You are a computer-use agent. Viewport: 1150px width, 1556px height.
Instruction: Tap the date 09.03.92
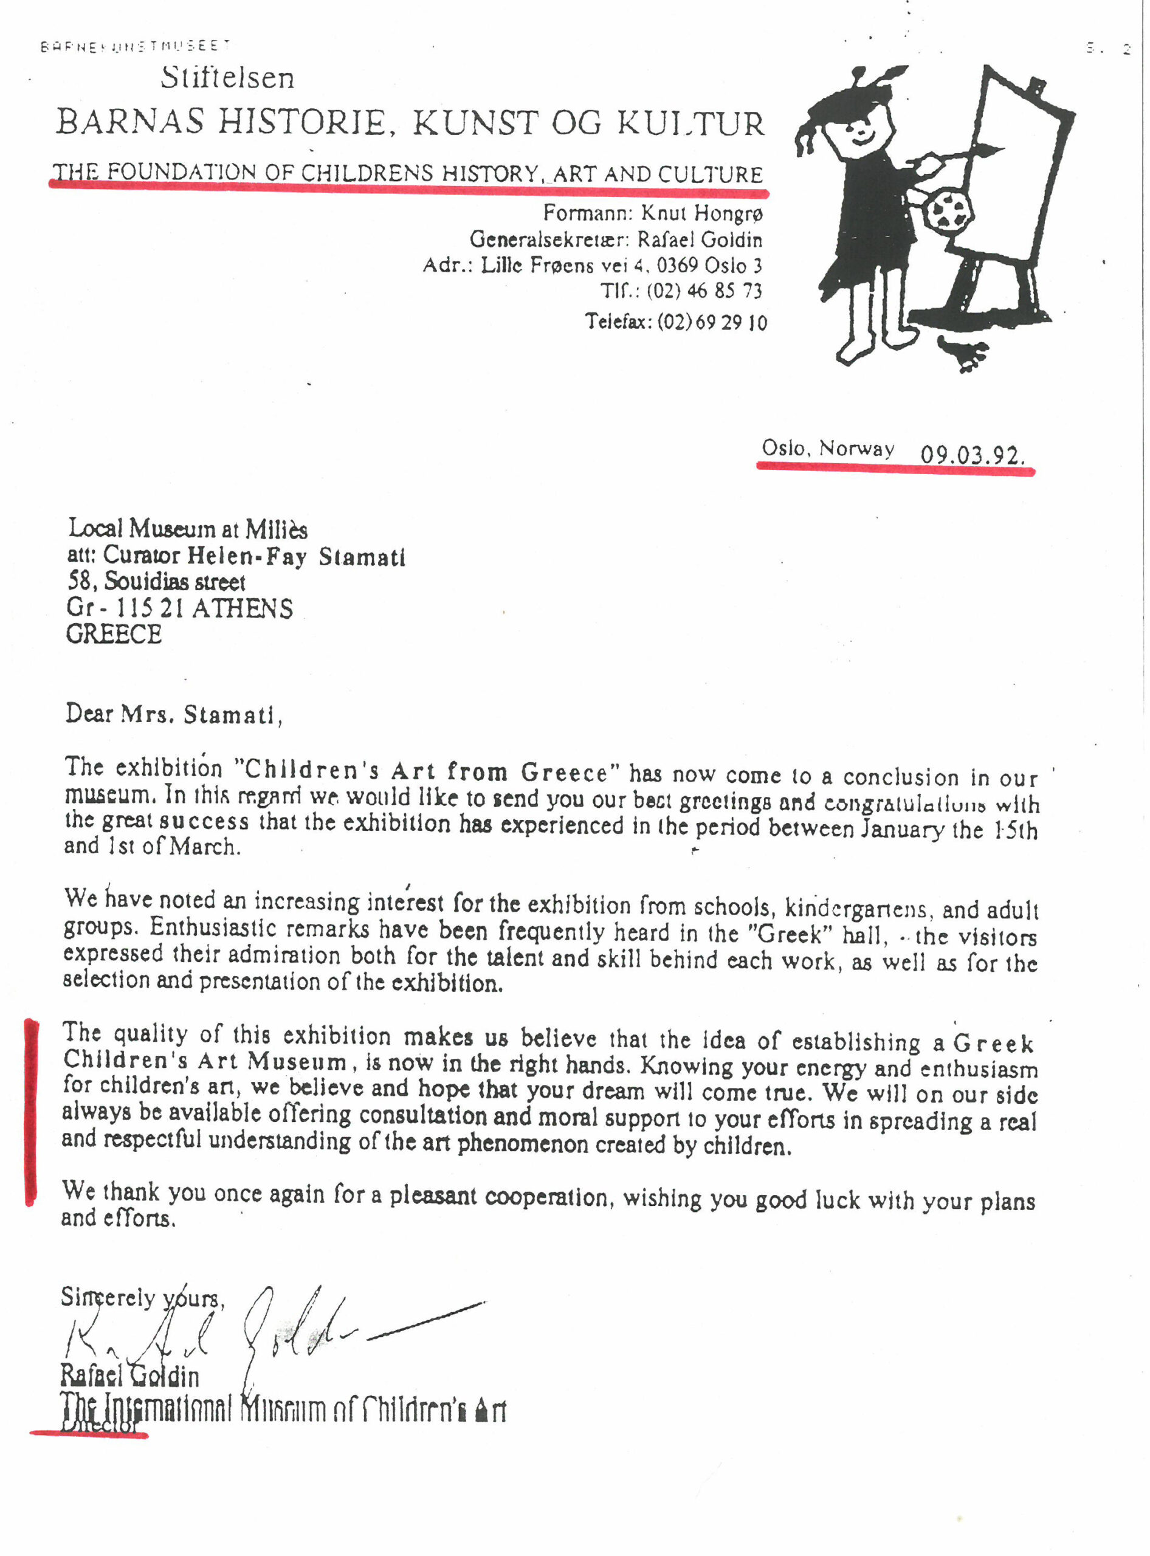pyautogui.click(x=972, y=455)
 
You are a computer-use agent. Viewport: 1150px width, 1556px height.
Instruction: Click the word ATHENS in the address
pyautogui.click(x=243, y=608)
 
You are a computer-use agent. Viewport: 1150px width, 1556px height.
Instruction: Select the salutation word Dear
pyautogui.click(x=88, y=714)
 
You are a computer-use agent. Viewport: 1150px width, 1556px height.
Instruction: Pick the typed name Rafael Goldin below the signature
pyautogui.click(x=129, y=1375)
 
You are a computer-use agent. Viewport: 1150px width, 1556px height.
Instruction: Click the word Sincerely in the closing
pyautogui.click(x=108, y=1297)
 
